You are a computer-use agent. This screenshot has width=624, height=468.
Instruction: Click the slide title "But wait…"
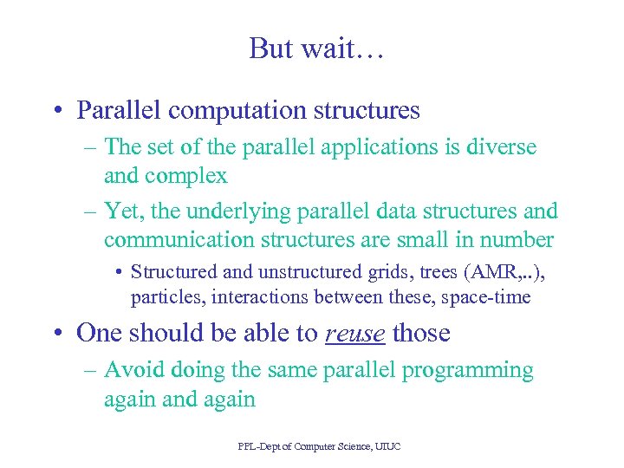(316, 49)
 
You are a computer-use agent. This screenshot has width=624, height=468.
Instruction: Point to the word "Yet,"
(123, 211)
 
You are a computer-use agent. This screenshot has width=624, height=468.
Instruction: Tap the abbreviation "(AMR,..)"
(505, 271)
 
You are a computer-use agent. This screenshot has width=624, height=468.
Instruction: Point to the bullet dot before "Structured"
(118, 272)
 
